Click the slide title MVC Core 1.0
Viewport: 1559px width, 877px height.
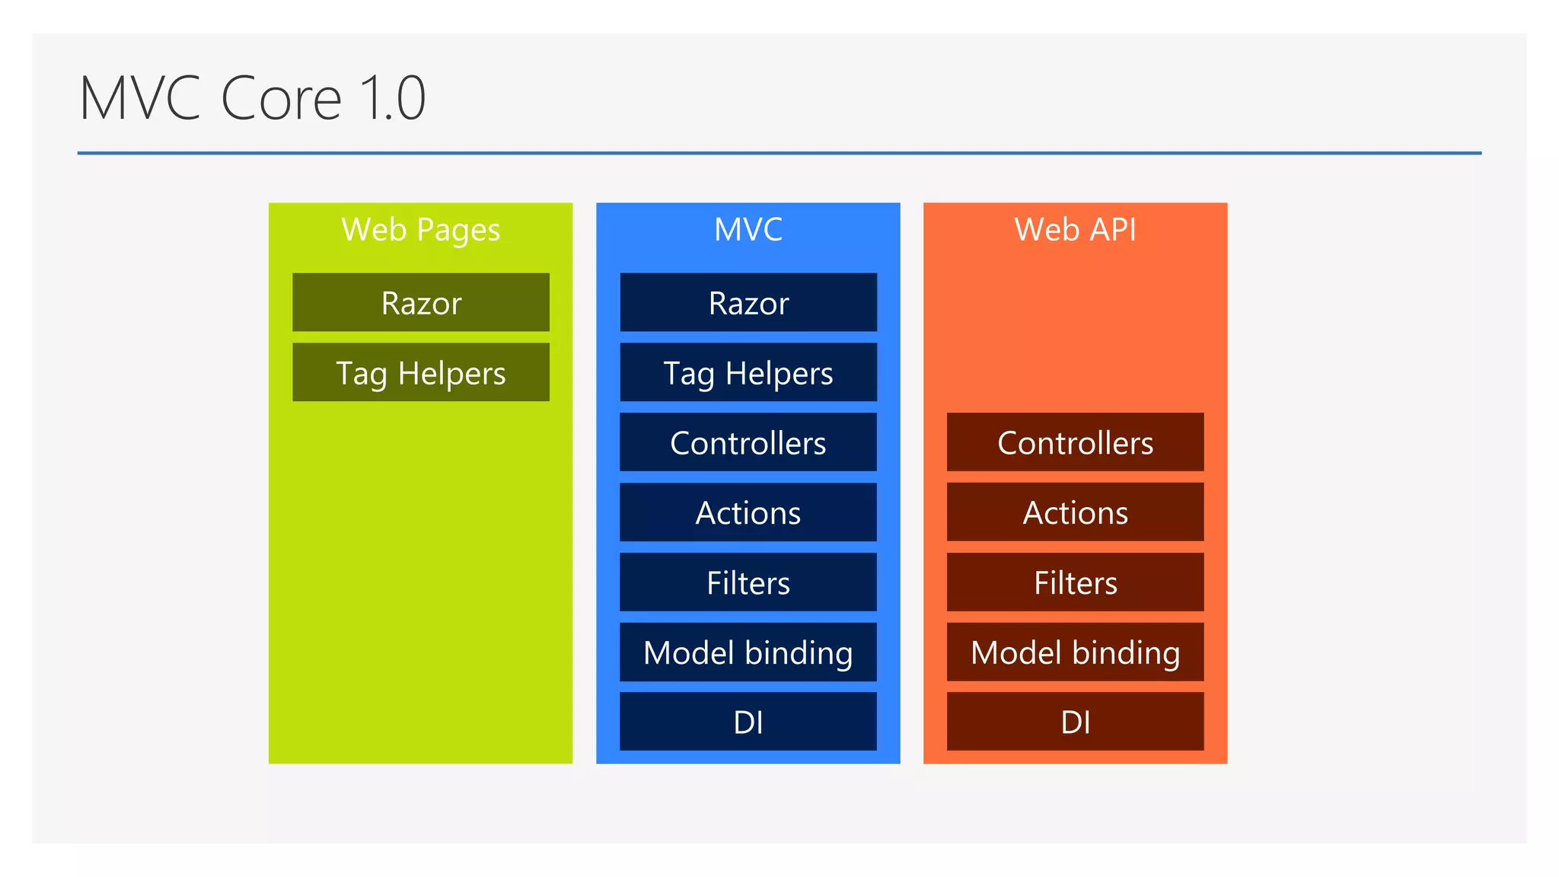tap(252, 98)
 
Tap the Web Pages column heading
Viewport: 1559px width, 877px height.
tap(420, 229)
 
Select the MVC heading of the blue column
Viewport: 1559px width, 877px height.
tap(748, 229)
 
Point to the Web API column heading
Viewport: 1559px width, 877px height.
tap(1075, 229)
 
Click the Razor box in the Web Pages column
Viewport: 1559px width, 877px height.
tap(420, 302)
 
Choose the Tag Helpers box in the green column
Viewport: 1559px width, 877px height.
tap(420, 372)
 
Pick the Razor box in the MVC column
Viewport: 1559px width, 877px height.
tap(748, 302)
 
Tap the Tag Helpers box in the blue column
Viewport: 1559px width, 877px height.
tap(748, 372)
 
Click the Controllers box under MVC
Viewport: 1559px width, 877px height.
tap(748, 442)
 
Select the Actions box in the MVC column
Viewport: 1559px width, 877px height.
tap(748, 512)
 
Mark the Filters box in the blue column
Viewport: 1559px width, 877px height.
tap(748, 582)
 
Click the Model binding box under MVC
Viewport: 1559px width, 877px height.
tap(748, 652)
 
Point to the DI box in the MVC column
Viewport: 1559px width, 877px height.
tap(748, 722)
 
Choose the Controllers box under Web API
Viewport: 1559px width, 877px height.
tap(1075, 442)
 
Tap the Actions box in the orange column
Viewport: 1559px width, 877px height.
tap(1075, 512)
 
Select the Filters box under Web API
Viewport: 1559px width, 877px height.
tap(1075, 582)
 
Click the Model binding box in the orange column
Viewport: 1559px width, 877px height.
tap(1075, 652)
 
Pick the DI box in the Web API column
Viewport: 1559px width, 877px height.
tap(1075, 722)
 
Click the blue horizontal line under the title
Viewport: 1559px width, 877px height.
tap(779, 153)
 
